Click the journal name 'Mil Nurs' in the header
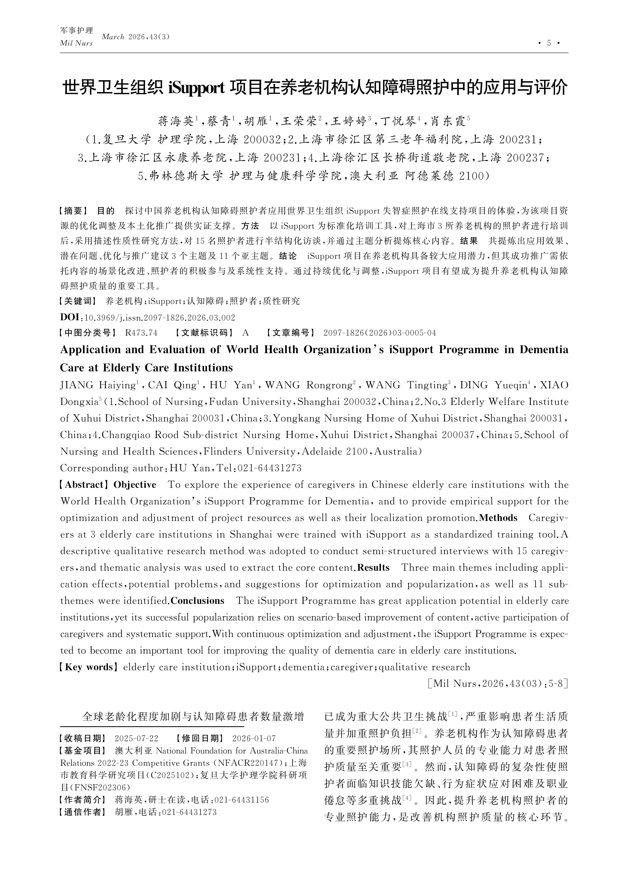76,43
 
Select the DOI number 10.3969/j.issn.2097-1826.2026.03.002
159,318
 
